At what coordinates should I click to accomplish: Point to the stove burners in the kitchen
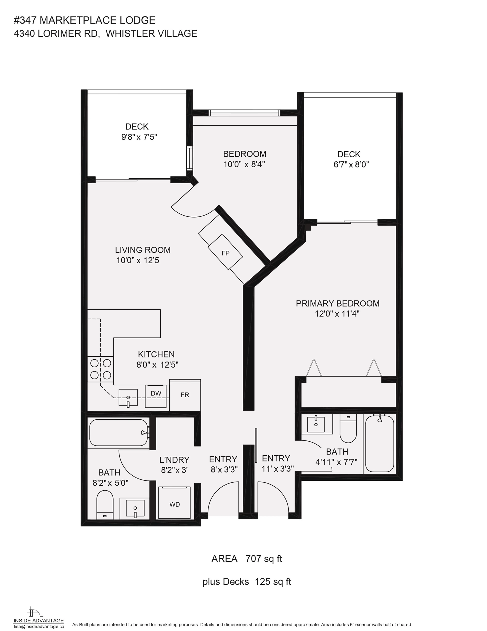[100, 369]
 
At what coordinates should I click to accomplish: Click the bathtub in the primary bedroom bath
[379, 443]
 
